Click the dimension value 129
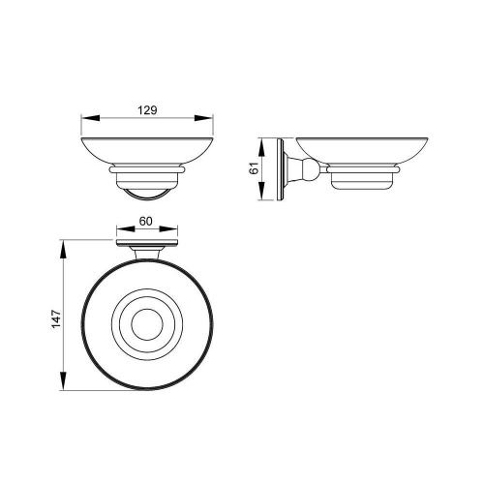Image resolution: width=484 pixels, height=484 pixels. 147,110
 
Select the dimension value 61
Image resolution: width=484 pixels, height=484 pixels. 255,168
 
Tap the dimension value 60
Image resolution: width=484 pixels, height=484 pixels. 145,222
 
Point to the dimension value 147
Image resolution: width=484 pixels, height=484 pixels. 56,319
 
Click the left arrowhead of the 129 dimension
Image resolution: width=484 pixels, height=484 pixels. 90,118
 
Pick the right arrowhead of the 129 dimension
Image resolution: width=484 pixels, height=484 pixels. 203,118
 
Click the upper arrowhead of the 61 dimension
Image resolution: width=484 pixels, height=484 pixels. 261,148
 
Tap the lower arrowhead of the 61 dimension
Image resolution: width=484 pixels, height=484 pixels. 261,191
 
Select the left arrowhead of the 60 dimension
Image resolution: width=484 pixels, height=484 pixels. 126,229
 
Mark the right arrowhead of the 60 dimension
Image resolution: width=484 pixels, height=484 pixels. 168,229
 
